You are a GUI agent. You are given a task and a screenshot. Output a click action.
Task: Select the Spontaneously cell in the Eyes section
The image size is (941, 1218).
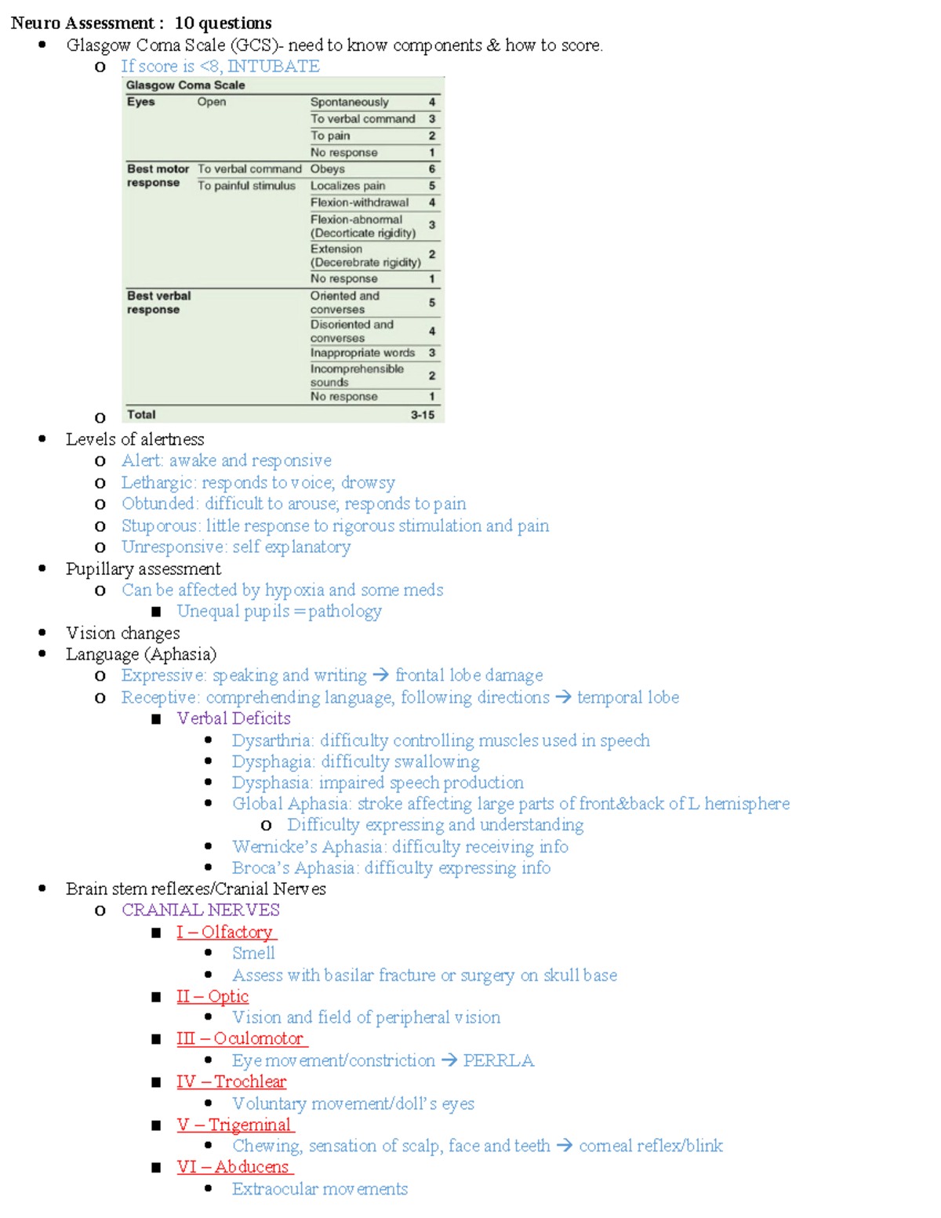point(349,102)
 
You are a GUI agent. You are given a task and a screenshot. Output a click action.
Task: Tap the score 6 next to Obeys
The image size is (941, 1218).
point(432,169)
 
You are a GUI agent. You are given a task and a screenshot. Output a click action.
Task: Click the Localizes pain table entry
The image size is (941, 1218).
point(347,186)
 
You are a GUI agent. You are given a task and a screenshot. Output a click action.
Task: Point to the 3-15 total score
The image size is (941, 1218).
point(423,415)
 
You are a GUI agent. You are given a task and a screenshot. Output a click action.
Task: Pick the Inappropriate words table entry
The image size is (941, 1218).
point(362,353)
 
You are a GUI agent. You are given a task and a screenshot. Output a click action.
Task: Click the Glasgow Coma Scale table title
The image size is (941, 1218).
point(185,85)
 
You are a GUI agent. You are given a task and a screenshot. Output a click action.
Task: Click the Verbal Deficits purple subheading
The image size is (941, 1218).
point(234,718)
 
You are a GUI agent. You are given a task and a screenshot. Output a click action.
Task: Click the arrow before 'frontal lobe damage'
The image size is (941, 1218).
point(381,675)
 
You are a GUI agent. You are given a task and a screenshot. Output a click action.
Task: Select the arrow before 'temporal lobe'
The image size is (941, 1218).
point(564,697)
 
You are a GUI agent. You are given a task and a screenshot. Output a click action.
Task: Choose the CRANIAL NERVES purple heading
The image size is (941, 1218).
point(201,910)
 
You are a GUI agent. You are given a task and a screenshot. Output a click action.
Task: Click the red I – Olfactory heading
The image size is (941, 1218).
point(225,932)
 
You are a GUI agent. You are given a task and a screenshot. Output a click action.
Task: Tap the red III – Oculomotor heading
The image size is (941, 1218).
point(240,1038)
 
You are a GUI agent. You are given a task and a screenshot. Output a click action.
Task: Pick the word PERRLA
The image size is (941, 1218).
point(498,1060)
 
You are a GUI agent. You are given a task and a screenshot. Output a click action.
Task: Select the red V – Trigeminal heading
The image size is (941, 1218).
point(234,1125)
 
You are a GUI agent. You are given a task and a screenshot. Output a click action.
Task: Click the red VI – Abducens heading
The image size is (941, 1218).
point(234,1167)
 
